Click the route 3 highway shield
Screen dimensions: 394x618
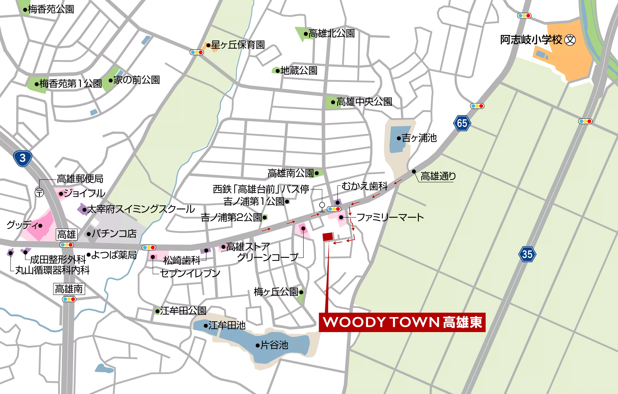tap(23, 158)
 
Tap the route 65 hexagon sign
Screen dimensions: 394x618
tap(462, 123)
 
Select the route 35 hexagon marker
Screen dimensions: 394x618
tap(527, 254)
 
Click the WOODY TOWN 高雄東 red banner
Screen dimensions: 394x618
tap(402, 322)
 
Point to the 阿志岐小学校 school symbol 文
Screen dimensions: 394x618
tap(570, 40)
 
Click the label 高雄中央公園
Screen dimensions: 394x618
tap(364, 102)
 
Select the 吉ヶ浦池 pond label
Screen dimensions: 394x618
tap(419, 138)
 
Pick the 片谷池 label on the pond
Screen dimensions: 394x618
tap(274, 345)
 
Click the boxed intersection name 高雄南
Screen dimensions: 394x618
tap(69, 289)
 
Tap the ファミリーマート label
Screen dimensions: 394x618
tap(390, 217)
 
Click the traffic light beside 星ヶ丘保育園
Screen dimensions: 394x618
tap(197, 52)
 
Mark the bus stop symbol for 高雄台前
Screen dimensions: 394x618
tap(322, 206)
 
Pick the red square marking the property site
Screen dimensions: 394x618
tap(328, 236)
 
